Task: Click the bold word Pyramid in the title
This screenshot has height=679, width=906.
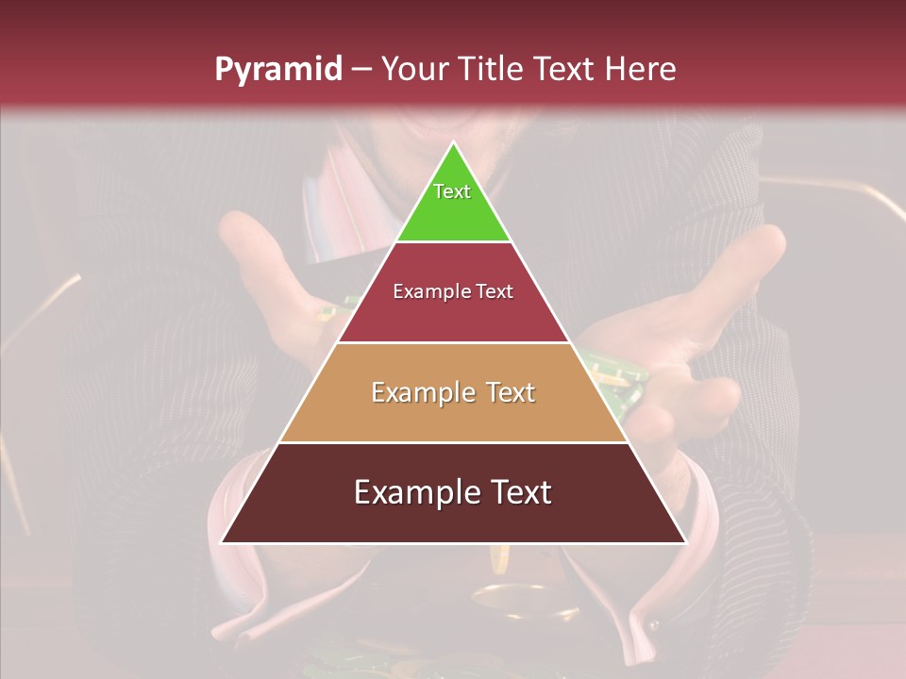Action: [277, 70]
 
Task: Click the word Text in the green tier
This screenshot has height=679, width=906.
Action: [452, 191]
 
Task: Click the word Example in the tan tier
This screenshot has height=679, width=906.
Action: [423, 392]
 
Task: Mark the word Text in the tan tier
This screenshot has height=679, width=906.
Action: [510, 392]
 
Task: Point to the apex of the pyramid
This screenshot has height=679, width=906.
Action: [453, 144]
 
